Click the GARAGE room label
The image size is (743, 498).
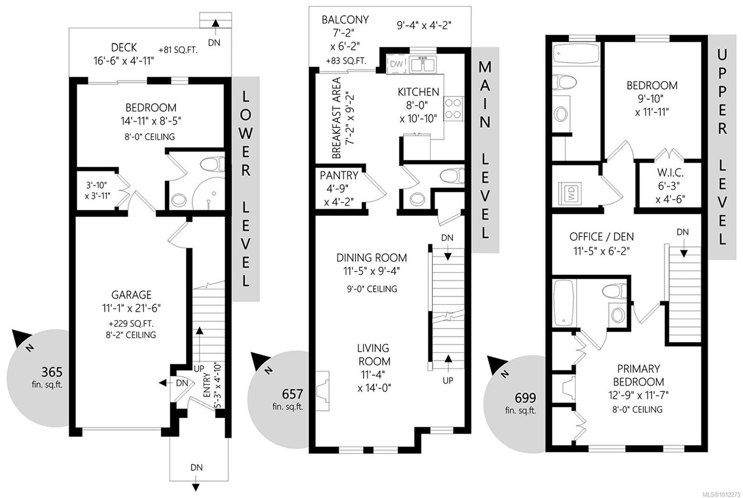131,295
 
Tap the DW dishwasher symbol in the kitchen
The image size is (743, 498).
396,64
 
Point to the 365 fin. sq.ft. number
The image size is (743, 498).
52,372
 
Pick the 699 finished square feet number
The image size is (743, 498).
525,398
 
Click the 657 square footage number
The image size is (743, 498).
292,394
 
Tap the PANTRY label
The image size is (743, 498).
339,176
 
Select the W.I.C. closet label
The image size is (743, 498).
670,173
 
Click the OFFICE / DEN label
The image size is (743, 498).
601,236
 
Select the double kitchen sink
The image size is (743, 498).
422,65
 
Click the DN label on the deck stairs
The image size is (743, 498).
214,42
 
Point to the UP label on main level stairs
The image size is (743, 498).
448,380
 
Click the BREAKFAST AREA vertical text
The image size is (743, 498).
337,118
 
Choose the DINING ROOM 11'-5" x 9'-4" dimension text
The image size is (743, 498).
371,271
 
